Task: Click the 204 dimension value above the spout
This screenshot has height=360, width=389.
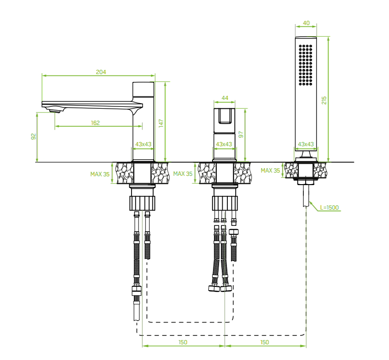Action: pos(100,72)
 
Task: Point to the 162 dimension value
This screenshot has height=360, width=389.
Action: pos(95,123)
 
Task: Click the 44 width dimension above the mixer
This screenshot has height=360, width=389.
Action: pos(225,98)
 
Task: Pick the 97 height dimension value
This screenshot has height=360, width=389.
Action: pos(241,135)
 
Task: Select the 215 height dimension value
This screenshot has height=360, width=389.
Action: pos(324,100)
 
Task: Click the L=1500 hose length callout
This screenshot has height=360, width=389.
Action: pos(329,208)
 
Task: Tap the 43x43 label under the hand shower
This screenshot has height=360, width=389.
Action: pos(306,144)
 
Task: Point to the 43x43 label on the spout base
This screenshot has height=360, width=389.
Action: pos(144,144)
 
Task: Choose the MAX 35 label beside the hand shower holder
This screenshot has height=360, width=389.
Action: pos(270,170)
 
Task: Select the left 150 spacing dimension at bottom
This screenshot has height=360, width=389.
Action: pos(183,342)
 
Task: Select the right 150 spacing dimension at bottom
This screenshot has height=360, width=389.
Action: pos(264,342)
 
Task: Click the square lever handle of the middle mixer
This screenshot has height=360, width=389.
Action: pos(225,116)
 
